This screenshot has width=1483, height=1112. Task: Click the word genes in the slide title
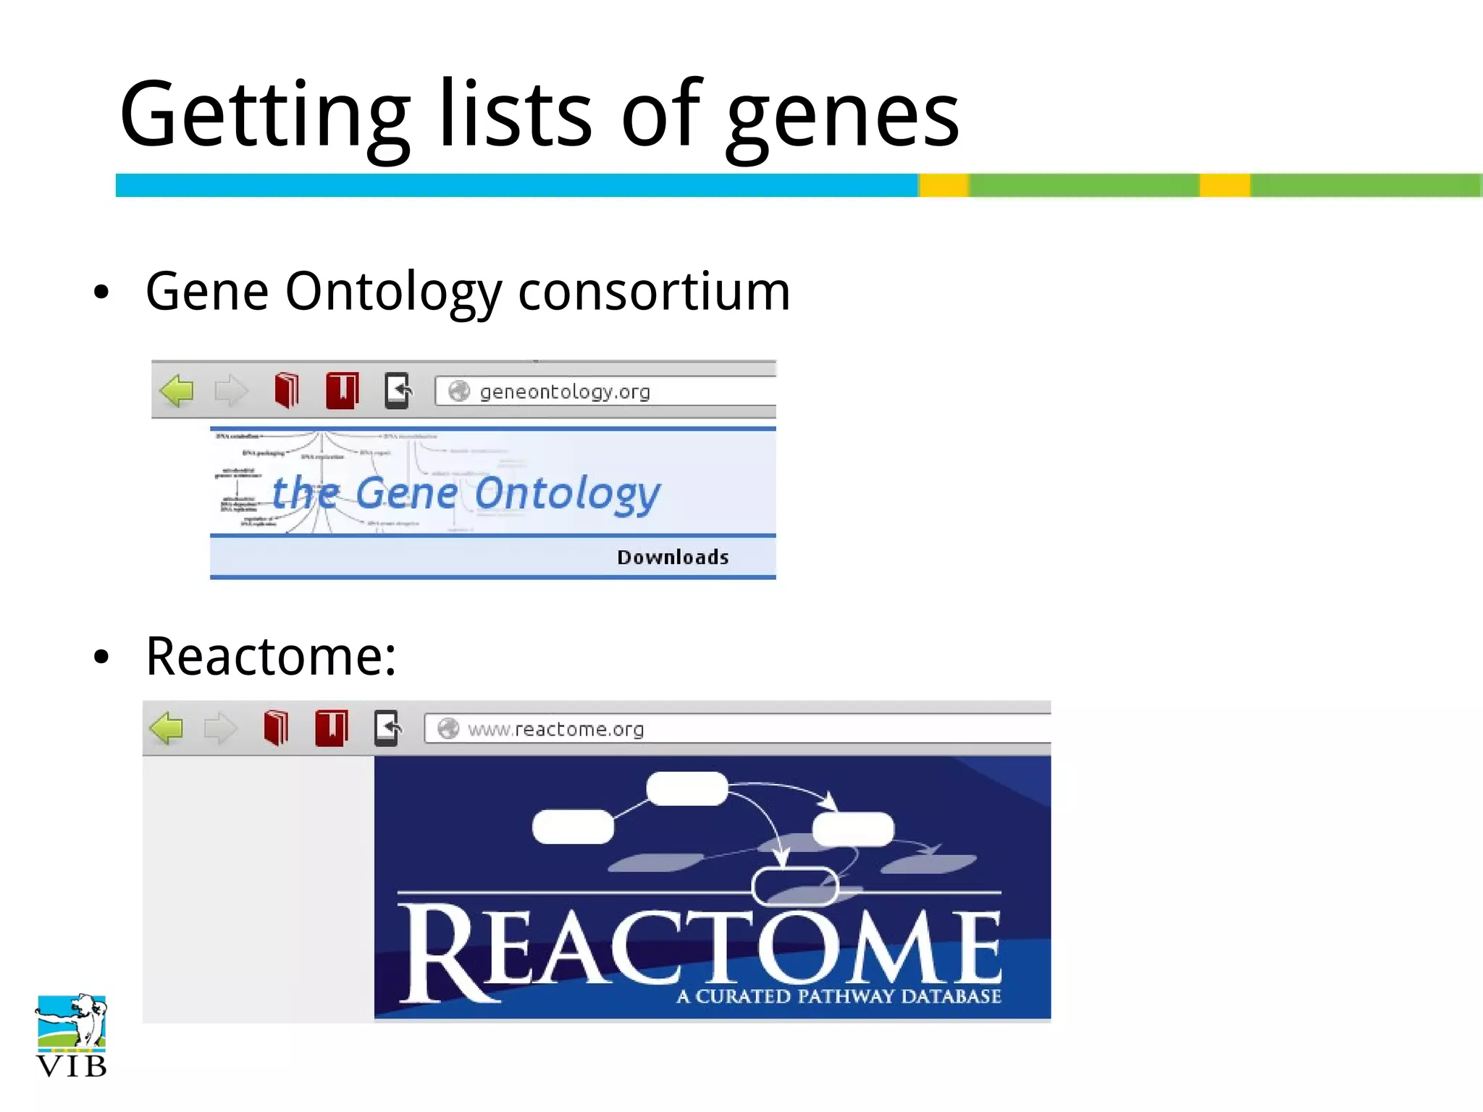843,116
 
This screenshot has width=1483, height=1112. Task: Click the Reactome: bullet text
271,657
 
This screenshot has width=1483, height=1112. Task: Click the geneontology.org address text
565,392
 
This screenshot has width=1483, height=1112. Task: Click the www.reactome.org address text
555,729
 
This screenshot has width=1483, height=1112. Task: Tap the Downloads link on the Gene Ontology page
673,557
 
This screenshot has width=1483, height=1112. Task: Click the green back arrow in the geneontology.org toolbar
177,391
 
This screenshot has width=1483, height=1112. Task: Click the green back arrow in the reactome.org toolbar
167,728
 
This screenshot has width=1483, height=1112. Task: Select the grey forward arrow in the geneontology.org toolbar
231,391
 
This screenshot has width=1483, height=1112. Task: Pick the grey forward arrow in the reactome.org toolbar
220,728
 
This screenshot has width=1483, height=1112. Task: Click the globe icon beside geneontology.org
459,391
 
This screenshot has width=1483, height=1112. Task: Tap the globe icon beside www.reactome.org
448,728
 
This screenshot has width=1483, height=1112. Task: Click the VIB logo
71,1035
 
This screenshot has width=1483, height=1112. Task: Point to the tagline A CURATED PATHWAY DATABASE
839,997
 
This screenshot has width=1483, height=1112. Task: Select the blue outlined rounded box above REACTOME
795,885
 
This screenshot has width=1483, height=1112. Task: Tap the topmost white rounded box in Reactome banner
686,788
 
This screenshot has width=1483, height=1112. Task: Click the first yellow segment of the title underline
944,185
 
